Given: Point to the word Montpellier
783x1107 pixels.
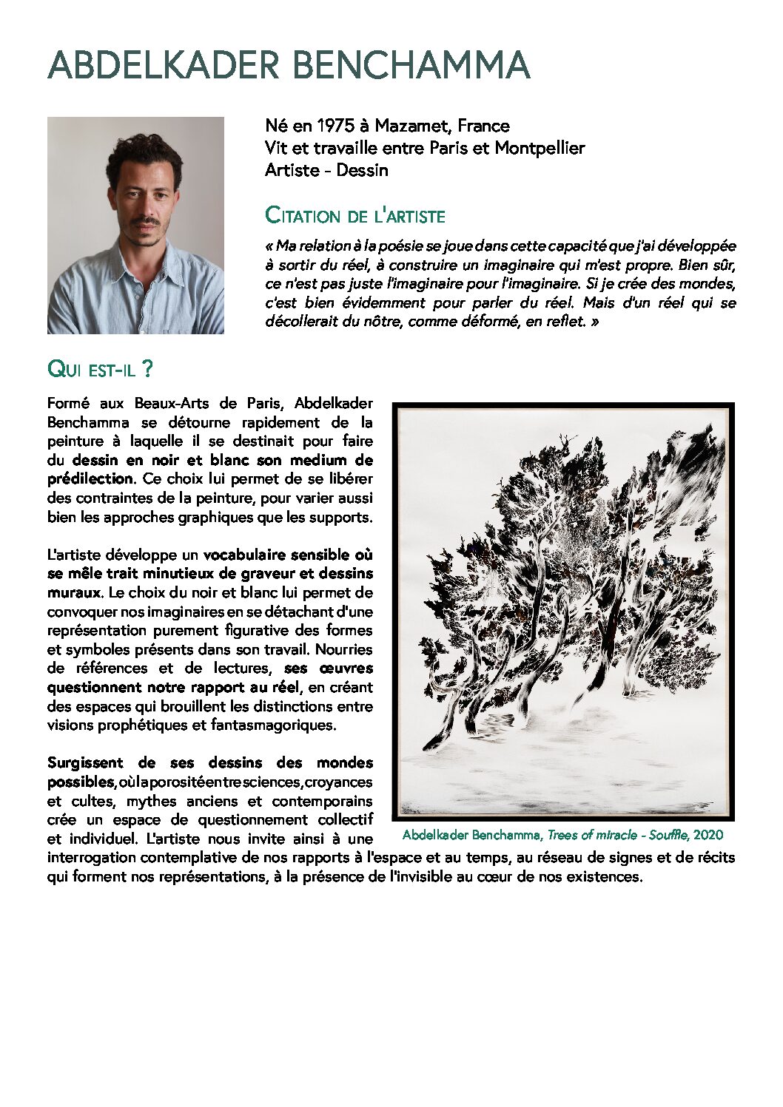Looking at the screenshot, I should pyautogui.click(x=540, y=148).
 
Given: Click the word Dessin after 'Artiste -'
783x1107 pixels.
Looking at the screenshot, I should pyautogui.click(x=362, y=170).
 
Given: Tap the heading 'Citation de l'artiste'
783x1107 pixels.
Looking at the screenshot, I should pyautogui.click(x=355, y=217).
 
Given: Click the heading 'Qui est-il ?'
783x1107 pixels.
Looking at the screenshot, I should pyautogui.click(x=100, y=369).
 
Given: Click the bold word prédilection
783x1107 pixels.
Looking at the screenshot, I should pyautogui.click(x=90, y=479).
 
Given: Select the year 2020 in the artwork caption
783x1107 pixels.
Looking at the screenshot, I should pyautogui.click(x=708, y=835).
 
